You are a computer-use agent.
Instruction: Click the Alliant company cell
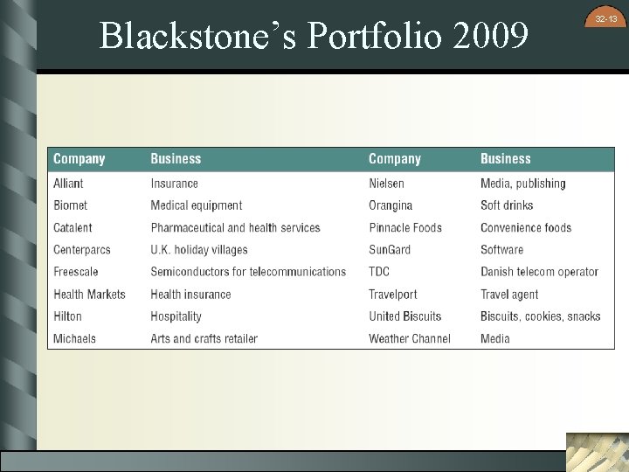tap(68, 184)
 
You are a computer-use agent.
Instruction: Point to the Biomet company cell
tap(70, 205)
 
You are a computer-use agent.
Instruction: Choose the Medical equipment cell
tap(196, 205)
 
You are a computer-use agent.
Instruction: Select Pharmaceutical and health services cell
tap(235, 227)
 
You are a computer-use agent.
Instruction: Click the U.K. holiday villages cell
tap(198, 250)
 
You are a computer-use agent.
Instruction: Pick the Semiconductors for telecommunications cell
tap(248, 272)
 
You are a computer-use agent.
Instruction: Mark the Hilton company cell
tap(67, 316)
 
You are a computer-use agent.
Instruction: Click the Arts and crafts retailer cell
tap(204, 338)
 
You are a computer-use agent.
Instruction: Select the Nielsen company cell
tap(386, 184)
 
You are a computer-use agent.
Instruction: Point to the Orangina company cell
tap(390, 205)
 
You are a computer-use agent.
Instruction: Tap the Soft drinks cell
tap(506, 205)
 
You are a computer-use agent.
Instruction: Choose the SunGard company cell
tap(389, 250)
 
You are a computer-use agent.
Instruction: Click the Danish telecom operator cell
tap(539, 272)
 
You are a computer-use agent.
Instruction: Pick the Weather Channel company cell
tap(409, 338)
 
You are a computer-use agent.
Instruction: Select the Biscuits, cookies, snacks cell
tap(540, 316)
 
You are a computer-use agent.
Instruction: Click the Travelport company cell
tap(392, 295)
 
